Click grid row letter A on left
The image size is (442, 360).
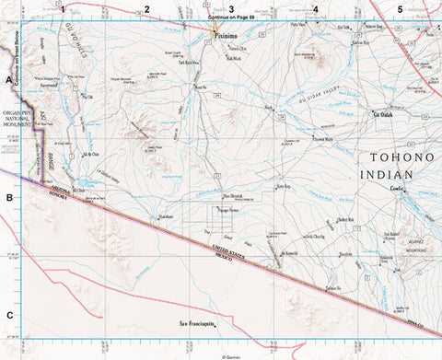pos(8,81)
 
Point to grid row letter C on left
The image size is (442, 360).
pos(8,315)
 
